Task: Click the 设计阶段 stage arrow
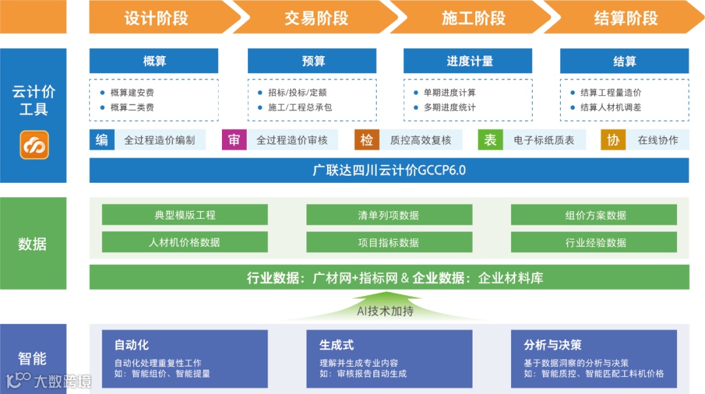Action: tap(157, 18)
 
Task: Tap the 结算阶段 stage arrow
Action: tap(625, 18)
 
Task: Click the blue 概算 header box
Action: tap(154, 61)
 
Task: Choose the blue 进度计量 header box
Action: tap(469, 61)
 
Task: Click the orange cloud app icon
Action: tap(34, 145)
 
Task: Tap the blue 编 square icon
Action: tap(102, 140)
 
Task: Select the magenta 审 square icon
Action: tap(234, 140)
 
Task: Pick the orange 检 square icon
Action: tap(367, 140)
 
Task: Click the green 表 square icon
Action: tap(490, 140)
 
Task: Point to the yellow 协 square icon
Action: tap(613, 140)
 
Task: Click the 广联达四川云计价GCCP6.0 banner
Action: tap(389, 171)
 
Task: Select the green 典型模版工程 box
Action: tap(185, 215)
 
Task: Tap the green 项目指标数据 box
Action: tap(389, 242)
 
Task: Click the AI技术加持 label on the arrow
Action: tap(385, 312)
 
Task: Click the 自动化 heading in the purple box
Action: tap(131, 345)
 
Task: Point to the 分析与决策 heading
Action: tap(552, 345)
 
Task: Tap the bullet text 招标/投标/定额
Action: tap(297, 93)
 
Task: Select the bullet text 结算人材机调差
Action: tap(610, 107)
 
